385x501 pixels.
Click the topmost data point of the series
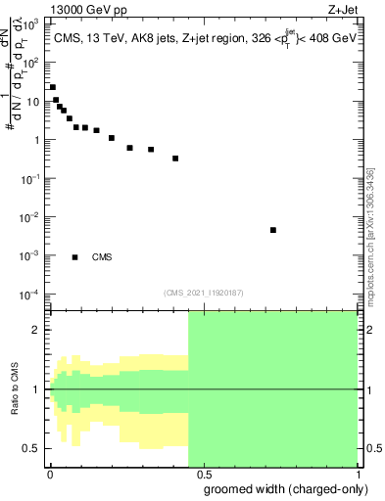click(52, 87)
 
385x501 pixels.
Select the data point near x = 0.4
click(175, 158)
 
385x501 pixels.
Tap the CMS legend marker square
click(75, 257)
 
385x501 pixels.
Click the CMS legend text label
click(102, 257)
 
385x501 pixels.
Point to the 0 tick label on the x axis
click(49, 474)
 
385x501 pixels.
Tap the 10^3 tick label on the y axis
click(32, 23)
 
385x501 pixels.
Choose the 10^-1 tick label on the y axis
click(32, 178)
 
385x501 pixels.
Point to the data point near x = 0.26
click(129, 148)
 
